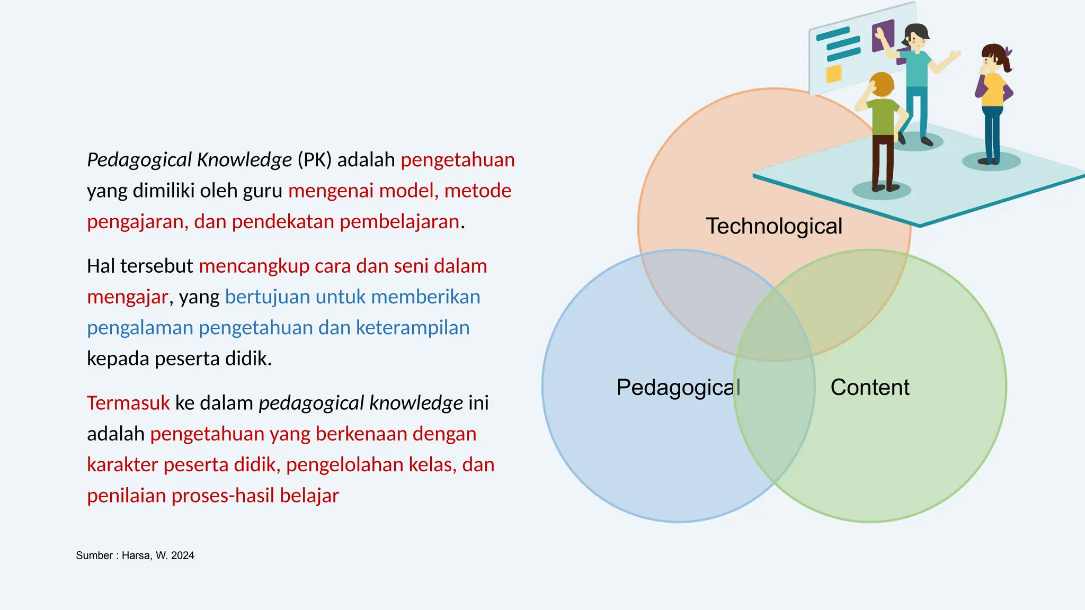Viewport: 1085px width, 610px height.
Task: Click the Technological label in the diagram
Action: point(773,227)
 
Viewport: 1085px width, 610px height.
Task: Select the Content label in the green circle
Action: point(870,388)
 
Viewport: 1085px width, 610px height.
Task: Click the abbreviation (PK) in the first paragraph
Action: point(314,160)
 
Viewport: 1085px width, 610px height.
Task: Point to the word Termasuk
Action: point(128,403)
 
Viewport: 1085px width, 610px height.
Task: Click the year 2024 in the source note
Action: point(182,555)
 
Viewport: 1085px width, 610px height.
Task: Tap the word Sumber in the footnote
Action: point(94,555)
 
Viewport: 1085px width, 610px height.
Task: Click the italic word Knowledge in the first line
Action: point(244,160)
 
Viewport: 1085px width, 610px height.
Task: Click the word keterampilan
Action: point(413,328)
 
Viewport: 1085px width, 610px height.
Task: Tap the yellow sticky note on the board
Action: point(834,74)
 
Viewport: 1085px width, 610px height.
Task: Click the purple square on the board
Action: point(883,35)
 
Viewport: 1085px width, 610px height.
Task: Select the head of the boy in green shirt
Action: point(882,85)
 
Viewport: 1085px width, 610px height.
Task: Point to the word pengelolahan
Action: point(371,465)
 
